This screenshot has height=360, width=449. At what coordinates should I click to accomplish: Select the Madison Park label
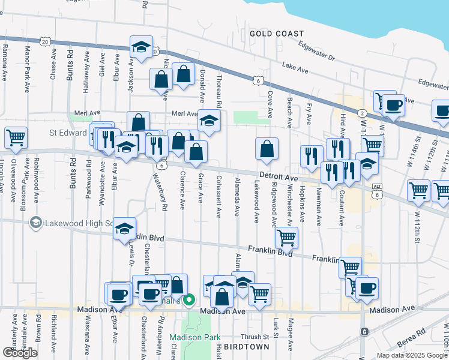tap(190, 337)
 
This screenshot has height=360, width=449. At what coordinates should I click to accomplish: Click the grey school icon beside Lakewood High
tap(36, 223)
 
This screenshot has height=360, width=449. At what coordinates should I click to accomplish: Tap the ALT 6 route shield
tap(376, 191)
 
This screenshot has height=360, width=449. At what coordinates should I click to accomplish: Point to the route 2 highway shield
tap(362, 113)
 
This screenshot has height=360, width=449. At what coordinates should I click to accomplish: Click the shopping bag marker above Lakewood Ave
tap(267, 148)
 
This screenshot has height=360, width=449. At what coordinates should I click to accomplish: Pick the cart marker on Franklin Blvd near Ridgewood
tap(286, 238)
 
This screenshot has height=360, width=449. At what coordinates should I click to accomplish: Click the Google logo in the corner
tap(20, 352)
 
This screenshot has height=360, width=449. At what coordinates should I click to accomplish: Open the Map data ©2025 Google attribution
tap(411, 355)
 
